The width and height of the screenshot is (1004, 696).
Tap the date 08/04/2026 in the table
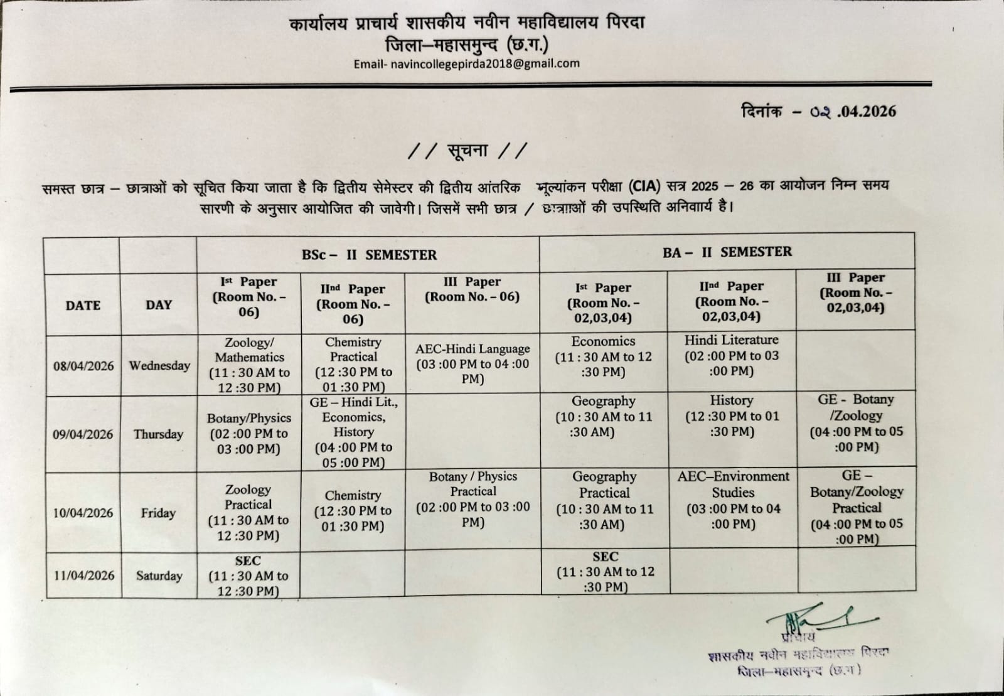click(83, 366)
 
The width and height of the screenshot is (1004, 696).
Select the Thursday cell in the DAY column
click(158, 434)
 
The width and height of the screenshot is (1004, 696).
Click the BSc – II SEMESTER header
click(369, 255)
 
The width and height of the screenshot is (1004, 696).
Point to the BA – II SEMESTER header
click(727, 252)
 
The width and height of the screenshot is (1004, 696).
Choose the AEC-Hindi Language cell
click(473, 363)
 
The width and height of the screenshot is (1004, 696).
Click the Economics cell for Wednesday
click(603, 356)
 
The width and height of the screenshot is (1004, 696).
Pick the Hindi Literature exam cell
click(732, 355)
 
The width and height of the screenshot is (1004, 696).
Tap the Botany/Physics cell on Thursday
click(249, 433)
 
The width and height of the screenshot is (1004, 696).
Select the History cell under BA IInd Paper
click(732, 415)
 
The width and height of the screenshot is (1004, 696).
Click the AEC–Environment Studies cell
click(733, 500)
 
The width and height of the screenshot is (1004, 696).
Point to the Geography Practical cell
click(604, 500)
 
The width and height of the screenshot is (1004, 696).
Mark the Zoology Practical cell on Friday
click(248, 512)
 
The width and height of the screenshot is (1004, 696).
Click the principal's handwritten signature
click(816, 618)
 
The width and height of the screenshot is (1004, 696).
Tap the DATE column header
click(83, 306)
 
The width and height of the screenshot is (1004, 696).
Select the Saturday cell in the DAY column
click(159, 576)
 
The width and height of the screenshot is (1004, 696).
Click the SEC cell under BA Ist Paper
click(605, 571)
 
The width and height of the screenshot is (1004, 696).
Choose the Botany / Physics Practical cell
click(473, 499)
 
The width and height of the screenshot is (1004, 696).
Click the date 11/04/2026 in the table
click(84, 576)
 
